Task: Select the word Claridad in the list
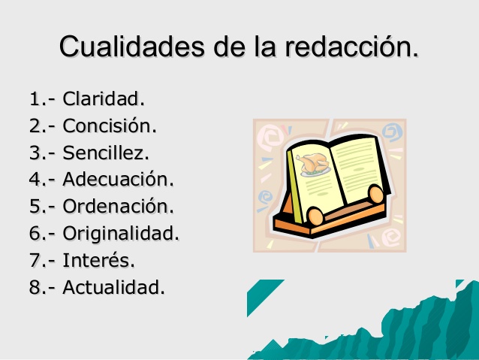click(104, 98)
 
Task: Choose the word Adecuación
click(118, 180)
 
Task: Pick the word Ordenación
click(119, 206)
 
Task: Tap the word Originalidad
click(121, 233)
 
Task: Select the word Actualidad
click(113, 287)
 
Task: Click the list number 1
click(35, 98)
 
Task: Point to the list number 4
click(35, 180)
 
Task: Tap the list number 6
click(35, 233)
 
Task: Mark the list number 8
click(35, 287)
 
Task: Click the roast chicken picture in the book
click(313, 162)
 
